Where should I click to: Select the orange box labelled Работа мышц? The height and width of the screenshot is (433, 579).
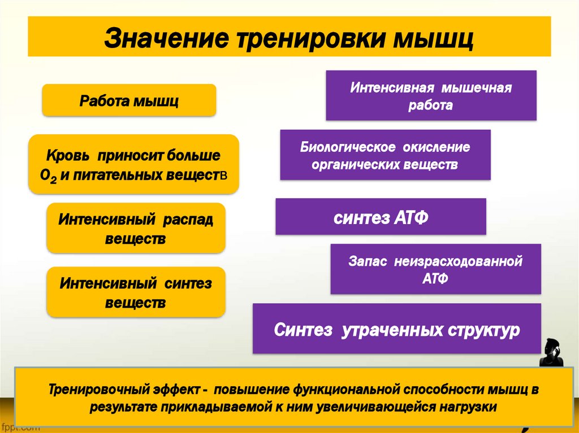coord(129,101)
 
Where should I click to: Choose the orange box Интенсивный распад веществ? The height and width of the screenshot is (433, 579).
coord(136,229)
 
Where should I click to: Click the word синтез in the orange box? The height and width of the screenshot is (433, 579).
coord(188,283)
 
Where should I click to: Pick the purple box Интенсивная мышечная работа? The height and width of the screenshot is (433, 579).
coord(431,96)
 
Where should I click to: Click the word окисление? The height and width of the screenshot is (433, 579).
coord(437,148)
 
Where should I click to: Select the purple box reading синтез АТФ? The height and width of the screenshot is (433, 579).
coord(381,217)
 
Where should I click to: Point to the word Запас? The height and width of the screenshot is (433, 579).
coord(367,262)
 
